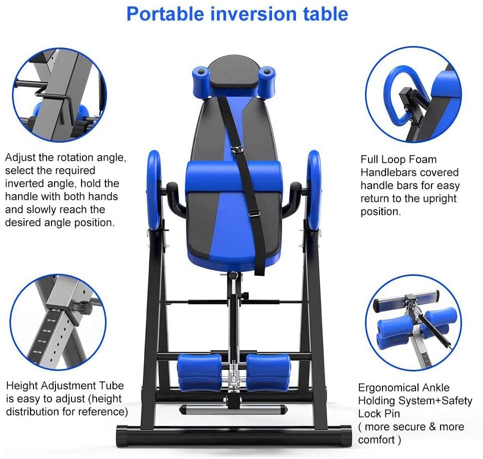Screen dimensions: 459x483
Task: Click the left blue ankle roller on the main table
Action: coord(199,373)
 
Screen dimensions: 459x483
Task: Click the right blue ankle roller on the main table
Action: coord(268,373)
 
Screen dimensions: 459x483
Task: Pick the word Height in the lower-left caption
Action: coord(22,386)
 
